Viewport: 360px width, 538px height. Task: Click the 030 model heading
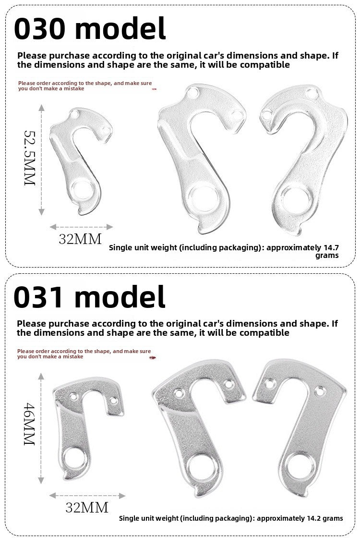pos(90,28)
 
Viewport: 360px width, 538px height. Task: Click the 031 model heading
pos(89,296)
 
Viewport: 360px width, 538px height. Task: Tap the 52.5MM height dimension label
pos(30,158)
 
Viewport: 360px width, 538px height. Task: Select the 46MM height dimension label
pos(29,424)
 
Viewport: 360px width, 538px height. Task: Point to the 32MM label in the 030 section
pos(80,239)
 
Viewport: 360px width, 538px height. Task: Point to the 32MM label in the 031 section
pos(87,507)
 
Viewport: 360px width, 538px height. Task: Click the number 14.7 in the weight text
pos(331,247)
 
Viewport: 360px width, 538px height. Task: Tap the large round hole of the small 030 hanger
pos(83,190)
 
